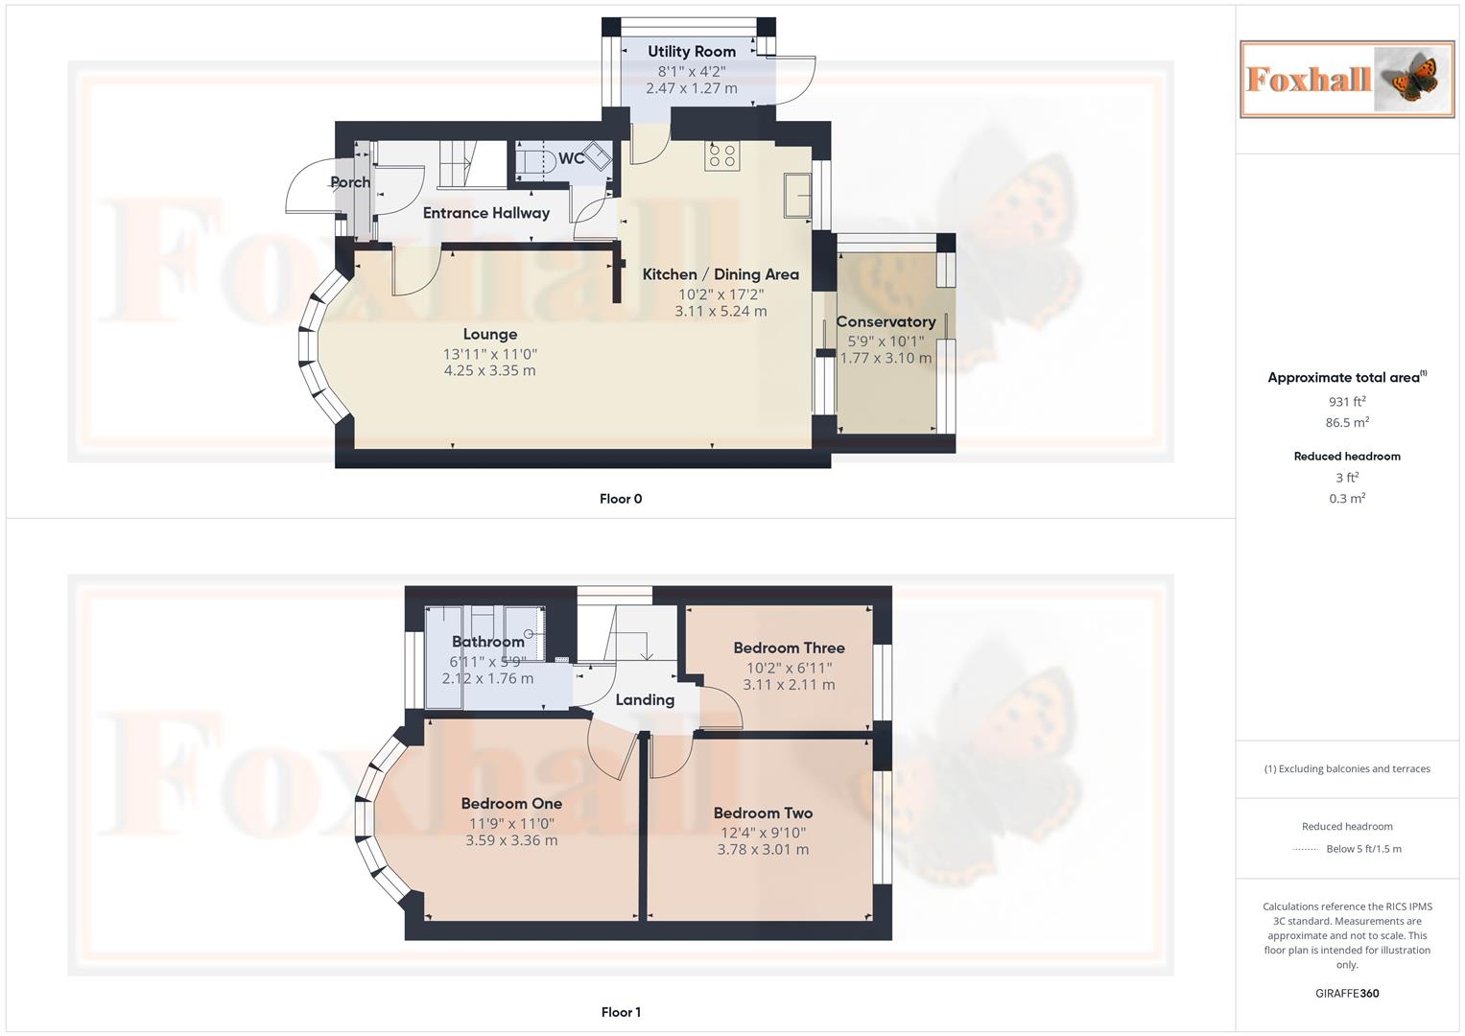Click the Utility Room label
[x=691, y=52]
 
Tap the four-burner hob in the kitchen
[x=721, y=156]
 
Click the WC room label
[x=572, y=158]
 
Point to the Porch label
[x=350, y=182]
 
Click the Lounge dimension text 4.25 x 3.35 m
[x=489, y=371]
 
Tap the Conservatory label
[x=885, y=322]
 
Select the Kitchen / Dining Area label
[x=720, y=274]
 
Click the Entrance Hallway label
[x=485, y=213]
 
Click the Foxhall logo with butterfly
[x=1346, y=79]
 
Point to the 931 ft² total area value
[x=1346, y=402]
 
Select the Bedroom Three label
[x=789, y=648]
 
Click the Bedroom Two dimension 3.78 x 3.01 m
[x=763, y=850]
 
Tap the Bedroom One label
[x=511, y=804]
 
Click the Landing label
[x=644, y=700]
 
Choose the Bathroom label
[x=487, y=642]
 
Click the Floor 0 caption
[x=621, y=499]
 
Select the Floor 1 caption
[x=621, y=1012]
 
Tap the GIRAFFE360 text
[x=1346, y=994]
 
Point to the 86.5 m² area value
[x=1346, y=423]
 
